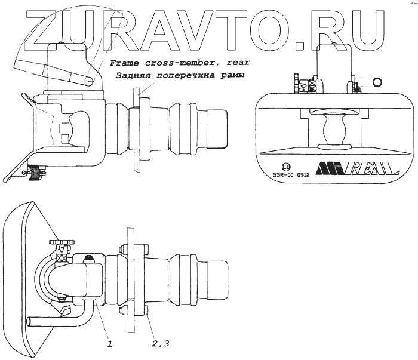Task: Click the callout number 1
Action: point(110,343)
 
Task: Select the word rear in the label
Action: point(237,63)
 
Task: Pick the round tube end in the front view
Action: point(377,81)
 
